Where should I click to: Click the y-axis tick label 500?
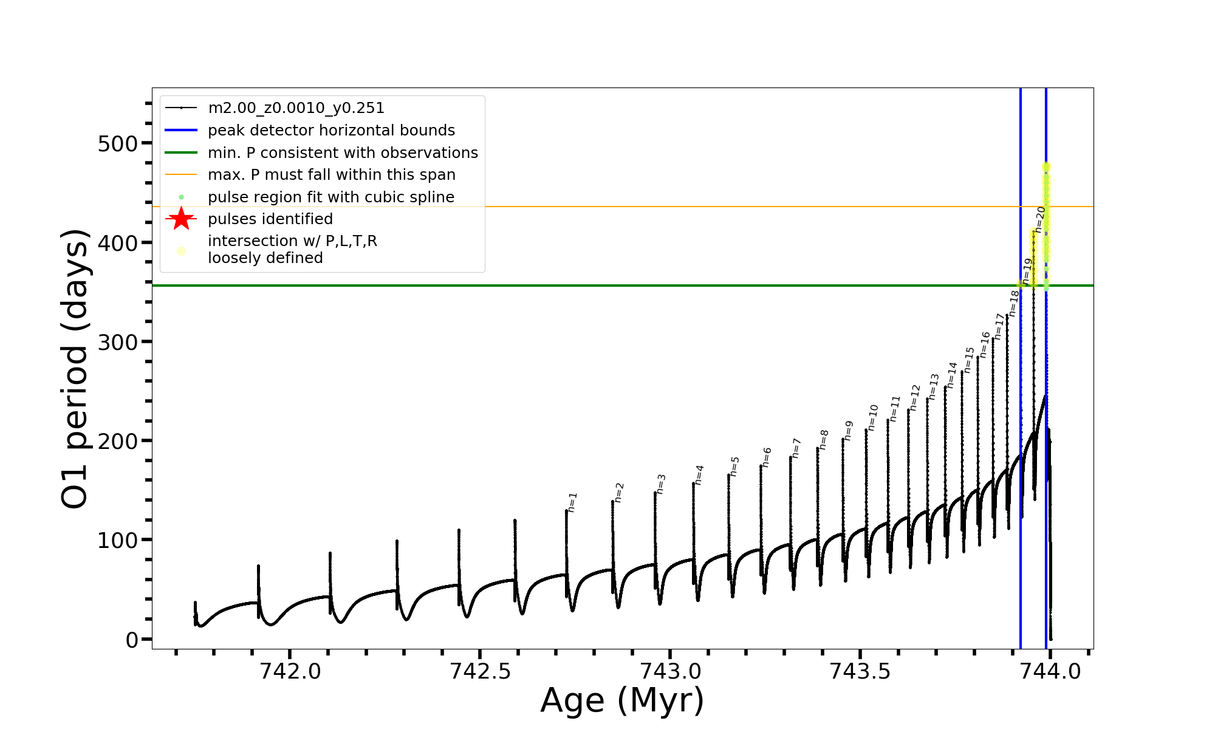click(x=117, y=144)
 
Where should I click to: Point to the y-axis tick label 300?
click(x=117, y=342)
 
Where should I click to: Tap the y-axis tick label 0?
click(x=132, y=640)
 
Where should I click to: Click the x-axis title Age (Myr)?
click(x=622, y=700)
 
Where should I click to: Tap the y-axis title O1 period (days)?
click(x=75, y=369)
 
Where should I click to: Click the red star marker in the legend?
click(x=181, y=219)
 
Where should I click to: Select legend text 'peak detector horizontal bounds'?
click(x=331, y=131)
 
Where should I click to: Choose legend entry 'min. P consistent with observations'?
click(x=343, y=153)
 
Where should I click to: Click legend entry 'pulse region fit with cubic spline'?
click(x=330, y=197)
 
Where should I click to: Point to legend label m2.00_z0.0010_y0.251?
click(x=296, y=108)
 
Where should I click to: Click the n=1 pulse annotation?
click(x=572, y=502)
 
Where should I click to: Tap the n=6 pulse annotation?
click(x=767, y=457)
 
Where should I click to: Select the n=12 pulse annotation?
click(x=915, y=397)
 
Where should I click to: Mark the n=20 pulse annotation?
click(x=1041, y=219)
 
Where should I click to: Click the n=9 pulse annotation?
click(x=849, y=431)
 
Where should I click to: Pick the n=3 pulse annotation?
click(x=661, y=484)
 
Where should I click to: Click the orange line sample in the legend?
click(x=181, y=175)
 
